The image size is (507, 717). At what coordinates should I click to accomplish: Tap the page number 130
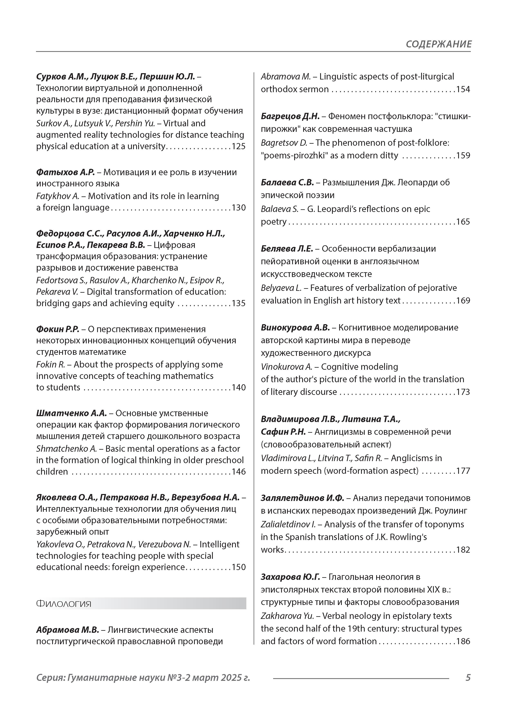coord(239,208)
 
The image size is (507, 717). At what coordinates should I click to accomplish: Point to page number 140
coord(239,387)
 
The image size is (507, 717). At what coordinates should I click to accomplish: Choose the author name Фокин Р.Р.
coord(58,329)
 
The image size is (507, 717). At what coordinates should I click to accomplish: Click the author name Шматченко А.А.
coord(71,413)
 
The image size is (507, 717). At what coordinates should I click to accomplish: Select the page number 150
coord(239,567)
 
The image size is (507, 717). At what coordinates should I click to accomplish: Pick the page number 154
coord(463,89)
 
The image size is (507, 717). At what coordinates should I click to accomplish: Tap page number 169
coord(463,300)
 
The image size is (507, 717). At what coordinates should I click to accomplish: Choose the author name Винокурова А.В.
coord(295,328)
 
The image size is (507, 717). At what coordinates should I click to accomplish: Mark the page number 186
coord(463,641)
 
